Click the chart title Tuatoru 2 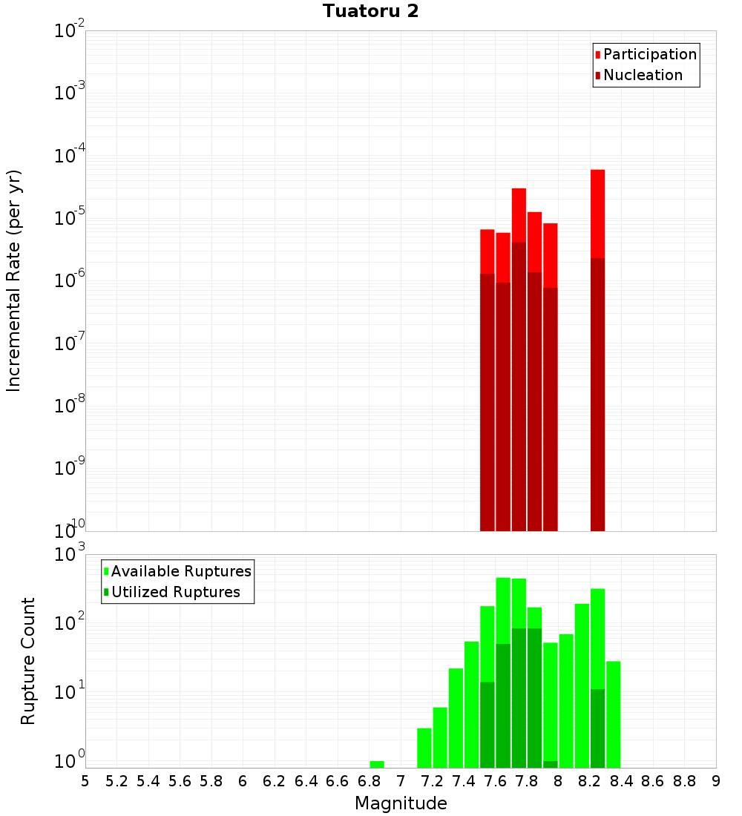pyautogui.click(x=370, y=12)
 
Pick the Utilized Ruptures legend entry pyautogui.click(x=175, y=592)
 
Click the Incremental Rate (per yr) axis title pyautogui.click(x=13, y=281)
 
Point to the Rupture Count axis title pyautogui.click(x=28, y=661)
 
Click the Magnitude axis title pyautogui.click(x=401, y=803)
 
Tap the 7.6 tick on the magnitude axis pyautogui.click(x=495, y=781)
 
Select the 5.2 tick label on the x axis pyautogui.click(x=116, y=781)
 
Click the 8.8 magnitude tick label pyautogui.click(x=684, y=781)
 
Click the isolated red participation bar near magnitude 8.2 pyautogui.click(x=597, y=215)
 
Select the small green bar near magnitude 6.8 pyautogui.click(x=377, y=764)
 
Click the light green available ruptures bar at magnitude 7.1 pyautogui.click(x=424, y=748)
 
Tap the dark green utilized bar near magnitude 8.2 pyautogui.click(x=597, y=728)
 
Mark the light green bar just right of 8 pyautogui.click(x=566, y=700)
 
